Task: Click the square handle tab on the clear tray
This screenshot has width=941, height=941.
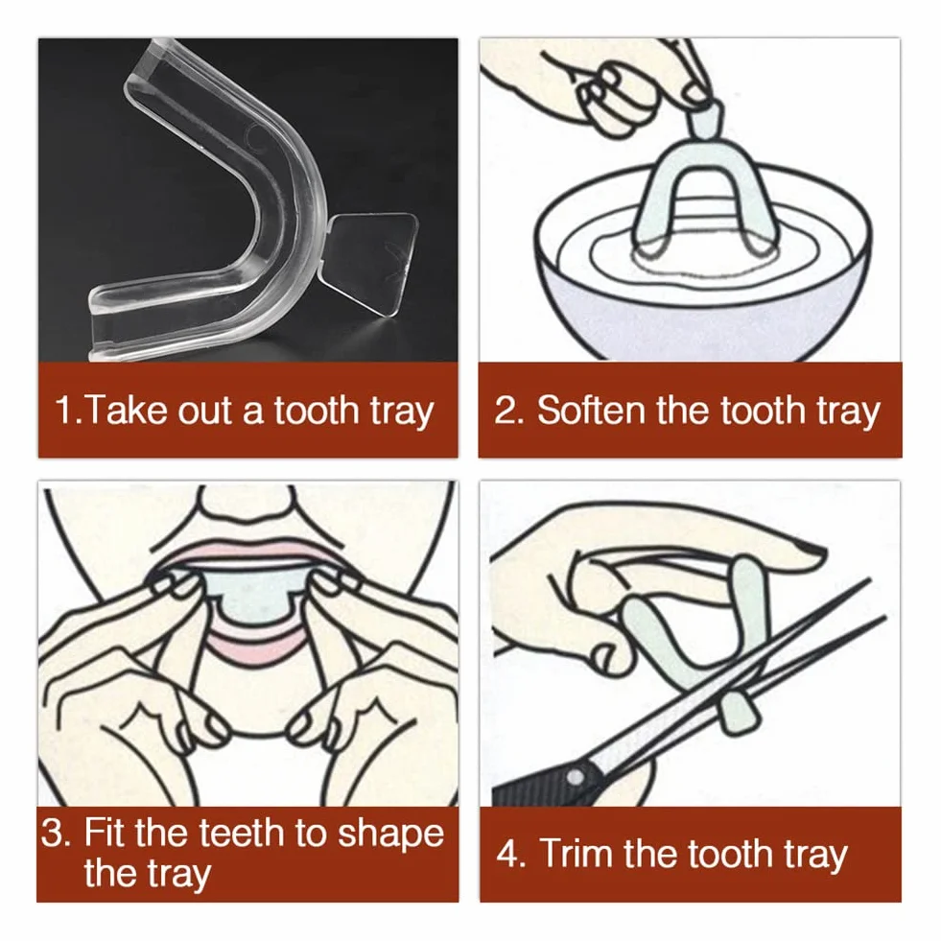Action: pos(371,263)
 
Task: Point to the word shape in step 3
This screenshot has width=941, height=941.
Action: pos(390,835)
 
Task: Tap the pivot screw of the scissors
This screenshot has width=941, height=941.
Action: pos(575,777)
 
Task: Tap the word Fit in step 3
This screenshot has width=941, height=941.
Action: pos(106,833)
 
